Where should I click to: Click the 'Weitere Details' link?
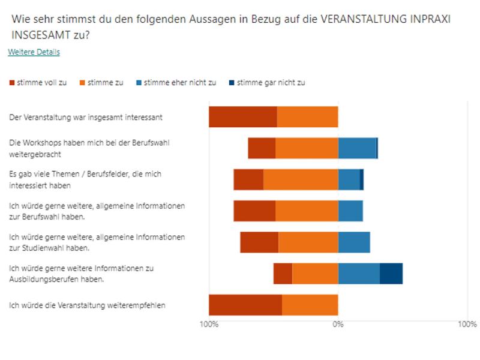pos(34,52)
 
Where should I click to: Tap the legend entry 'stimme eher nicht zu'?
pos(176,83)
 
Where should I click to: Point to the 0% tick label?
pos(338,325)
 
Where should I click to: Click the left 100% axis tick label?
pos(208,325)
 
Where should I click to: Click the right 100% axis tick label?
pos(467,325)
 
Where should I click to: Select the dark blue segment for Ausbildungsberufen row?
pos(391,274)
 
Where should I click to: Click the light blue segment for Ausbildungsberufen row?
pos(359,274)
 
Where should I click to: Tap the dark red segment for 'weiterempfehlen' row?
pos(245,305)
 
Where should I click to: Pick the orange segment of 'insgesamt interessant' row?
pos(307,117)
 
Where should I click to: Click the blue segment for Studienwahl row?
pos(354,242)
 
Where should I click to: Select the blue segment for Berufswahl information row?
pos(350,211)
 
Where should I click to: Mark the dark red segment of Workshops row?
pos(262,148)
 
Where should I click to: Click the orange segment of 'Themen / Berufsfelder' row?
pos(301,179)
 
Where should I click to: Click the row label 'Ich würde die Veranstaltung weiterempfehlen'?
pos(88,305)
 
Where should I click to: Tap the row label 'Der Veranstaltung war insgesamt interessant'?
pos(86,118)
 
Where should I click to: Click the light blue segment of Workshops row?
pos(357,148)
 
